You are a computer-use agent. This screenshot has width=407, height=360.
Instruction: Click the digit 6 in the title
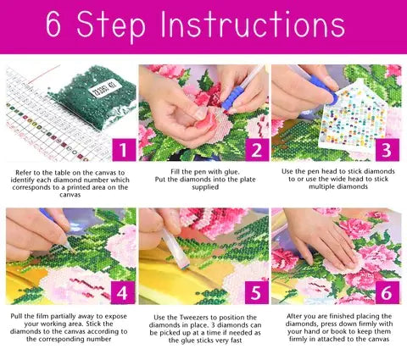pyautogui.click(x=53, y=25)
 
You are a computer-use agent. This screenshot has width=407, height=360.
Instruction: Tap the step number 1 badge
pyautogui.click(x=123, y=150)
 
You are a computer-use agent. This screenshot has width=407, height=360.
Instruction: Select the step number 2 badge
pyautogui.click(x=257, y=150)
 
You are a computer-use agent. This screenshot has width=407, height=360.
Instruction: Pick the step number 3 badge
pyautogui.click(x=387, y=150)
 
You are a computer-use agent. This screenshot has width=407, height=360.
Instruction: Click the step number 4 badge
pyautogui.click(x=123, y=293)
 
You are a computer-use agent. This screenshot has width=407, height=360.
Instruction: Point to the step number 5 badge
pyautogui.click(x=257, y=293)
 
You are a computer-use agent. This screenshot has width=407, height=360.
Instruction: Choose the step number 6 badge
pyautogui.click(x=387, y=293)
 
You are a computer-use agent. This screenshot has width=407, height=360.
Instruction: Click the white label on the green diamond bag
pyautogui.click(x=104, y=88)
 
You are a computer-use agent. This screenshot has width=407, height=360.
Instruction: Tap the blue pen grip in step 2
pyautogui.click(x=232, y=98)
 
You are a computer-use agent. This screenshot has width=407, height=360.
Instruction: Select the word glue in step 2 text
pyautogui.click(x=231, y=172)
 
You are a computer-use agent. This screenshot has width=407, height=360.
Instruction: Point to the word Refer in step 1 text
pyautogui.click(x=23, y=173)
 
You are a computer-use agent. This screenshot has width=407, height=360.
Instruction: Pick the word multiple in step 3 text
pyautogui.click(x=321, y=186)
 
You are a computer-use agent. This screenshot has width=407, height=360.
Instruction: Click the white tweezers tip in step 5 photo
pyautogui.click(x=185, y=265)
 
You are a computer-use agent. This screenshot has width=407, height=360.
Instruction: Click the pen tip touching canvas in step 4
pyautogui.click(x=74, y=251)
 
